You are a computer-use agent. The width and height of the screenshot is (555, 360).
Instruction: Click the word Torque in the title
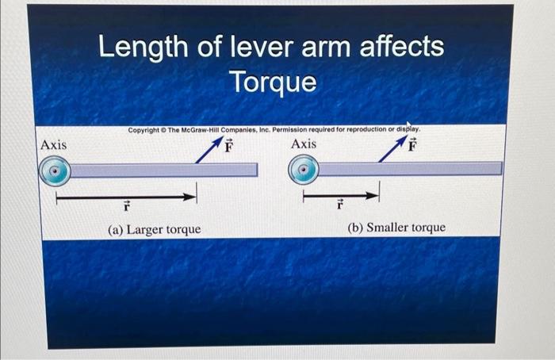point(272,82)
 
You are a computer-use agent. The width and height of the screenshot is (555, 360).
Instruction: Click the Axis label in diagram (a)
point(53,145)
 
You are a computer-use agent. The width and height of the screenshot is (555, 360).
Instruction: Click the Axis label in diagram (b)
point(304,144)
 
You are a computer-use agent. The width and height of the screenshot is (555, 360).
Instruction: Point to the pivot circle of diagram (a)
point(55,170)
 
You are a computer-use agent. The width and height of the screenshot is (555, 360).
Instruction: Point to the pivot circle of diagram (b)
point(304,168)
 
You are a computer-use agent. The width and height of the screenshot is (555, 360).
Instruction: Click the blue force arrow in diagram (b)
point(392,149)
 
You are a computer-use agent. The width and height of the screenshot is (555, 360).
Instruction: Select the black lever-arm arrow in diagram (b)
point(342,193)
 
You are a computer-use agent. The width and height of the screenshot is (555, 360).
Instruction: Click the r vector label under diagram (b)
point(339,206)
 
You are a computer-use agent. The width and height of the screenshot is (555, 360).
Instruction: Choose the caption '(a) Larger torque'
point(154,229)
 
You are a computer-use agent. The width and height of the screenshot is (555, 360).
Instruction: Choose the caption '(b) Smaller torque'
point(396,228)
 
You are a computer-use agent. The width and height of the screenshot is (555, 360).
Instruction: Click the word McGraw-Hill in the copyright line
point(198,129)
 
